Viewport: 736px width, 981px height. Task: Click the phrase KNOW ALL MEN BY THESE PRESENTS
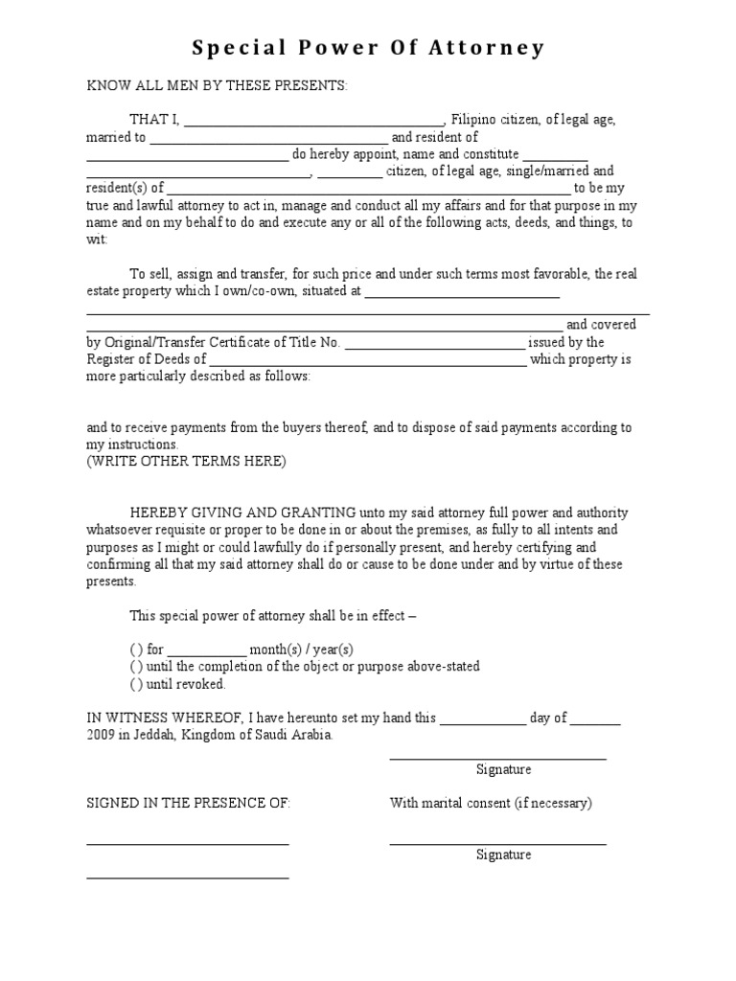218,86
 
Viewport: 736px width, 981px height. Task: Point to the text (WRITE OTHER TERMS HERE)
186,461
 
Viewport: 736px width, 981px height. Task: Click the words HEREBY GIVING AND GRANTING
243,513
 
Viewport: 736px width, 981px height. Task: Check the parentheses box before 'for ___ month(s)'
136,649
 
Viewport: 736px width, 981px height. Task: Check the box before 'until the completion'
136,666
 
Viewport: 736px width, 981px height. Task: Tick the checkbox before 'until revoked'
136,683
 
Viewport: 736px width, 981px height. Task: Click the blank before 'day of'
483,719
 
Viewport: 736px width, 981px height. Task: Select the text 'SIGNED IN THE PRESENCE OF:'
188,803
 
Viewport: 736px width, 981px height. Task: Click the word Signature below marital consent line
503,855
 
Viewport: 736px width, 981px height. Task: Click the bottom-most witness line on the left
188,877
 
